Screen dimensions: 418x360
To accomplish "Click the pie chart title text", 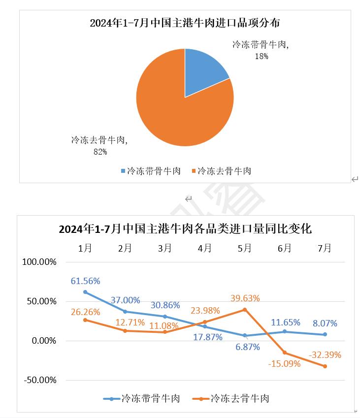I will (185, 23).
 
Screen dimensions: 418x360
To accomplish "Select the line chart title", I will (185, 228).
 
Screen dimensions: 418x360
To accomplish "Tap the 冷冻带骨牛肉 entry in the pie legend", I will (151, 171).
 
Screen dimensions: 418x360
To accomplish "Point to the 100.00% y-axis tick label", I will (40, 262).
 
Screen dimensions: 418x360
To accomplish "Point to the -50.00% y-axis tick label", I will (40, 380).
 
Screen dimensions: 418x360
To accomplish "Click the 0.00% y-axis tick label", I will (43, 341).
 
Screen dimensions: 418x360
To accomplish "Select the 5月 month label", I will (245, 248).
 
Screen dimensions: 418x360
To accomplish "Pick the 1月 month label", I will (85, 248).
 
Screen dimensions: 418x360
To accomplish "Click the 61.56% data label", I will (85, 281).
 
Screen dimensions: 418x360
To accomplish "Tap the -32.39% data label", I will (325, 354).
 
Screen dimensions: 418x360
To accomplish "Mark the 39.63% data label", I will (245, 298).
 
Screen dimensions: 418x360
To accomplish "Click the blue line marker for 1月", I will (85, 292).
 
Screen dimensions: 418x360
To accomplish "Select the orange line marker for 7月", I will (325, 366).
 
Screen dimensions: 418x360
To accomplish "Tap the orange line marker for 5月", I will (245, 310).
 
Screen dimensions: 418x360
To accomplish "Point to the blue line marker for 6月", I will (285, 331).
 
